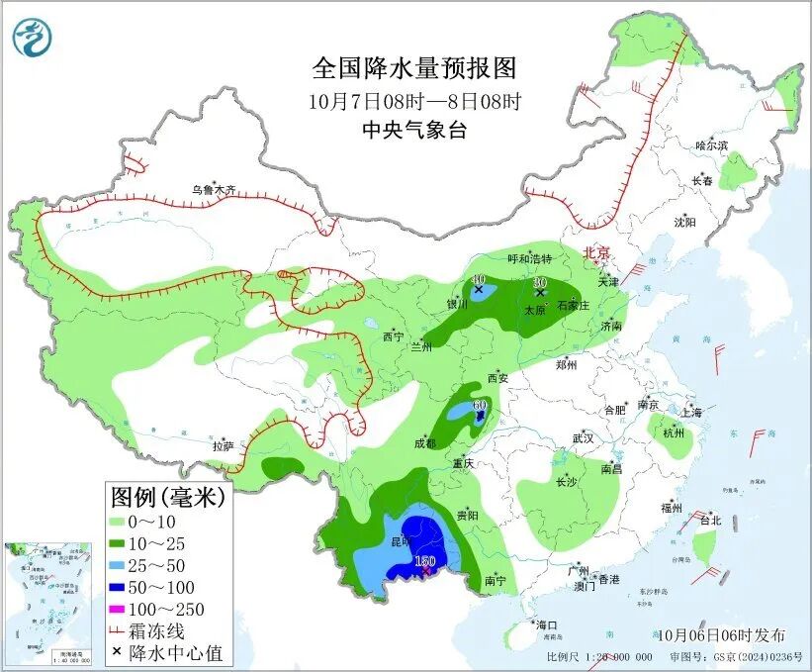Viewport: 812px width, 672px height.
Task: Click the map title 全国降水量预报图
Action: [x=414, y=68]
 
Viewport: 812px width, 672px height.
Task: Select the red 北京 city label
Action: [x=599, y=252]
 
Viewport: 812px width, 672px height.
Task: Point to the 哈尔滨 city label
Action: [x=711, y=145]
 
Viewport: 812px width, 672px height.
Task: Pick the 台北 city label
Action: [x=710, y=520]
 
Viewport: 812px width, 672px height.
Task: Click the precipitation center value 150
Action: [x=424, y=562]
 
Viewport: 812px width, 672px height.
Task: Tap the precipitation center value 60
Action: [x=481, y=405]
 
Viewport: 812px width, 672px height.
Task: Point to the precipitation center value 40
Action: [x=479, y=280]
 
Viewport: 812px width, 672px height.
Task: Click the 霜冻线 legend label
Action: [x=161, y=630]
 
